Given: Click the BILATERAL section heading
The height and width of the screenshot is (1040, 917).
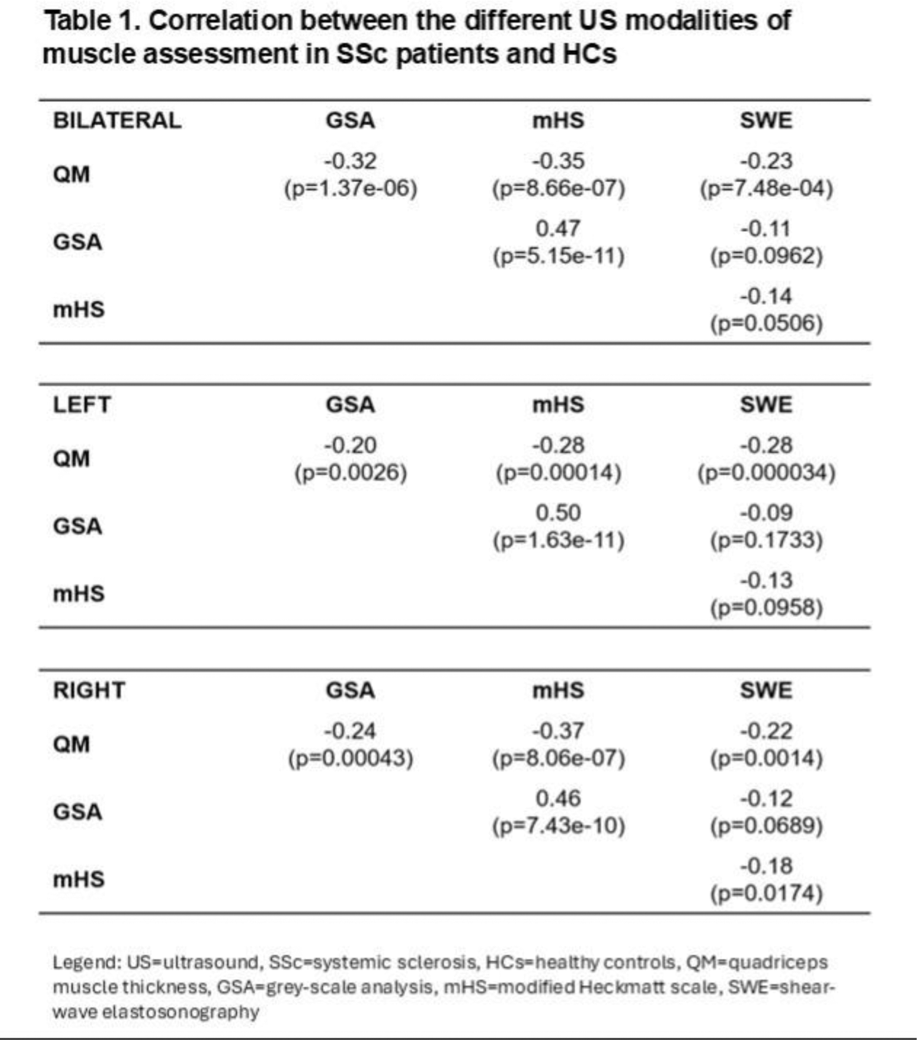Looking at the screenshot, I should click(x=117, y=120).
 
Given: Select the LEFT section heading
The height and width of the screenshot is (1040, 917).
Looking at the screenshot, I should click(x=82, y=405).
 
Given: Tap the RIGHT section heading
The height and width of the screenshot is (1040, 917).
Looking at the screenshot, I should click(x=89, y=690).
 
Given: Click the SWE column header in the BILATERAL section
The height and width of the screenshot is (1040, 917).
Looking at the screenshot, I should click(x=766, y=120).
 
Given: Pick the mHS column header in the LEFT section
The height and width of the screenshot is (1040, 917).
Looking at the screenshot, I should click(x=558, y=405).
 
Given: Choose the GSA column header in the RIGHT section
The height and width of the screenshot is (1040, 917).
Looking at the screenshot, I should click(x=350, y=690).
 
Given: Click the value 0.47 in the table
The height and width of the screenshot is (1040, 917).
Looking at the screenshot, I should click(x=558, y=229).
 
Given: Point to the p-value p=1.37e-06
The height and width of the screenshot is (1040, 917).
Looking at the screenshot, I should click(x=350, y=188).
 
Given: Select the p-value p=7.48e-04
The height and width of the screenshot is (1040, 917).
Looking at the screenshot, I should click(x=766, y=188).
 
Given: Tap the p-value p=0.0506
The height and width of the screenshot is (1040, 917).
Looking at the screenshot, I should click(x=766, y=323).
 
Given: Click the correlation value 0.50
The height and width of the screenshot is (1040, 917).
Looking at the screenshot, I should click(x=558, y=513).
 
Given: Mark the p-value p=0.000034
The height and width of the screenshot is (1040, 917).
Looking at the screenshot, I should click(x=766, y=473).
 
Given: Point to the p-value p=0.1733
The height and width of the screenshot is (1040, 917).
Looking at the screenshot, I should click(x=766, y=540).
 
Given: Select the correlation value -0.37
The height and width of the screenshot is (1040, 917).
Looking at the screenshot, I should click(x=558, y=731).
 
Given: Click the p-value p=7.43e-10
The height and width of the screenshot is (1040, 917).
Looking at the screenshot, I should click(x=558, y=825).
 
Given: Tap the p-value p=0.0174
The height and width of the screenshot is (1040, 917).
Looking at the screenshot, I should click(x=766, y=893).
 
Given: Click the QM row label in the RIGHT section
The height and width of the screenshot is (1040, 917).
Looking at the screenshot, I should click(x=71, y=744).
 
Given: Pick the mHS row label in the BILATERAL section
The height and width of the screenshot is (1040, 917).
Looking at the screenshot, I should click(x=79, y=310).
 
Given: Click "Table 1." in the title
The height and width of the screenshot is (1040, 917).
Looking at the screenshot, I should click(x=92, y=21).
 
